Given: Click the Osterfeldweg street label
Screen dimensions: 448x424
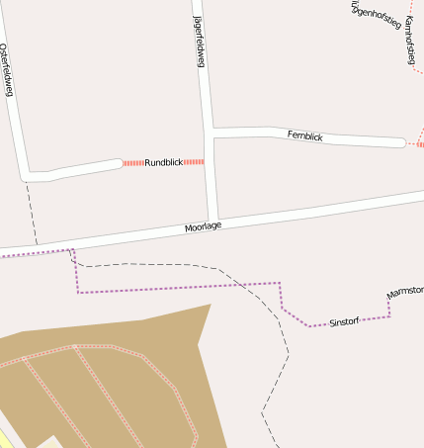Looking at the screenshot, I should pos(7,70).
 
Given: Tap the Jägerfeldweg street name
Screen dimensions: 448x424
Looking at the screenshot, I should pos(199,42).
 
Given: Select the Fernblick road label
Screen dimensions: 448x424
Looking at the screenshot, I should pos(305,136).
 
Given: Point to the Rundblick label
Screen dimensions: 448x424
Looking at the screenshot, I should pos(164,162).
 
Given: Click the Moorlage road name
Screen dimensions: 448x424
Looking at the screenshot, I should pos(203,227).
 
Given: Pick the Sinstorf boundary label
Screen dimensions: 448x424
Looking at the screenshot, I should pos(344,322).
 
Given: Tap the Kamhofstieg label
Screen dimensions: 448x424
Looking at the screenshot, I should pos(408,40).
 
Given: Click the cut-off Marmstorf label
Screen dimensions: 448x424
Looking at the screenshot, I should pos(405,293).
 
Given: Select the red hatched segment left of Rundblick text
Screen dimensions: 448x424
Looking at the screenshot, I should pos(133,162).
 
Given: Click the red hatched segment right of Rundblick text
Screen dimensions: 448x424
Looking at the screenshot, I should pos(194,161).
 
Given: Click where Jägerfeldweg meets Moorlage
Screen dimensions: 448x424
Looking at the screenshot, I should pos(212,220).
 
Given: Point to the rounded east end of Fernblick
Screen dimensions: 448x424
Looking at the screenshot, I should pos(400,143).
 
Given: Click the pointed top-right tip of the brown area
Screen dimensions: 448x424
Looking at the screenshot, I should pos(210,306).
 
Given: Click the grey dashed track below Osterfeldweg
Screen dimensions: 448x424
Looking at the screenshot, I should pos(33,213).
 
